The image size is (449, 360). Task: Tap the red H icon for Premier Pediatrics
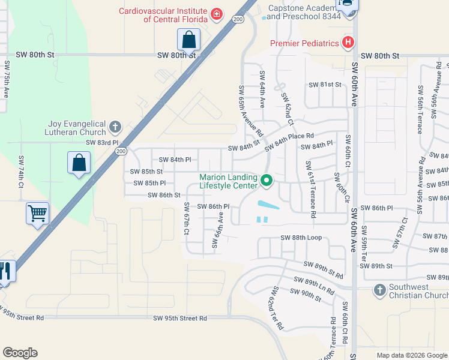click(347, 43)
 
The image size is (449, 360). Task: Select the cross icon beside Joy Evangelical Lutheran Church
click(115, 127)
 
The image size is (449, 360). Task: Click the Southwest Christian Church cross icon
click(379, 290)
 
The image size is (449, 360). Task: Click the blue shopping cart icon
click(37, 213)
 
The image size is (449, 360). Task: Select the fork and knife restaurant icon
click(5, 271)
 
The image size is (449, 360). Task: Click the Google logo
click(20, 353)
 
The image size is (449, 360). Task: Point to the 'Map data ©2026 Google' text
click(412, 355)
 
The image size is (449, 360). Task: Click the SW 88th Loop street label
click(301, 238)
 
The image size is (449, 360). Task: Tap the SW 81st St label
click(325, 85)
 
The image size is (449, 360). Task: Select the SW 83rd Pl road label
click(103, 143)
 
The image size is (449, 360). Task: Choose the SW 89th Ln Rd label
click(315, 283)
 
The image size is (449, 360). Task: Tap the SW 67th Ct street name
click(187, 219)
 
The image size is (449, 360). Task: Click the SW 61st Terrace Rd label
click(310, 189)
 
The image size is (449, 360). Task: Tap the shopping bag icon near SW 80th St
click(188, 40)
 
